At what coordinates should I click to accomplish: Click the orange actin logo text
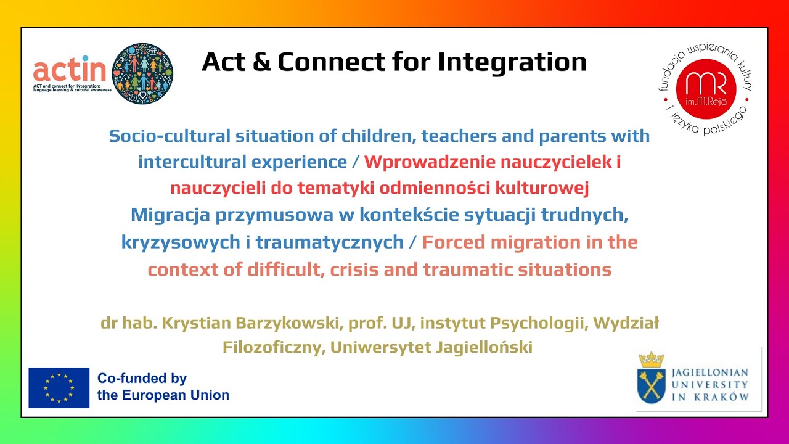pos(70,68)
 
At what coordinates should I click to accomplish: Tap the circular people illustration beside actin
pos(142,73)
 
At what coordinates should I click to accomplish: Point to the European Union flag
pos(59,388)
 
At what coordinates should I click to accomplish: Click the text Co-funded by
pos(142,379)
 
